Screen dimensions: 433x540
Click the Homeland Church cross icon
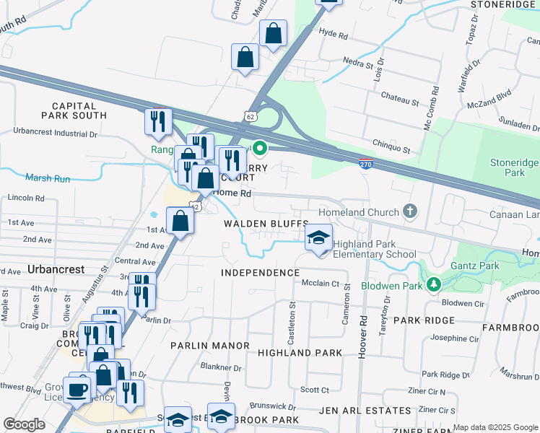(x=410, y=211)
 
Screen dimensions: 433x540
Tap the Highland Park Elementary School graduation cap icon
(x=318, y=240)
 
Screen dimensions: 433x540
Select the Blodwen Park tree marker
(x=433, y=284)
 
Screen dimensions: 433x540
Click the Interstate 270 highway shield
(x=366, y=165)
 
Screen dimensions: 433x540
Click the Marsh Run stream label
(x=48, y=178)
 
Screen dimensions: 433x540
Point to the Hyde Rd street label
(x=333, y=34)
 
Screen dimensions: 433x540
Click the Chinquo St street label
(x=391, y=149)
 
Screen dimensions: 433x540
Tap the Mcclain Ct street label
(x=321, y=284)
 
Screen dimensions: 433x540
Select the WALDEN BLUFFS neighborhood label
(x=266, y=224)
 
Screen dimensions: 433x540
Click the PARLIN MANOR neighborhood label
(x=209, y=346)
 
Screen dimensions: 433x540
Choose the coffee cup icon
(x=78, y=389)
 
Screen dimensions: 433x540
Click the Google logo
(x=24, y=424)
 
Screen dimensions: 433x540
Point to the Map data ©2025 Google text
(x=495, y=427)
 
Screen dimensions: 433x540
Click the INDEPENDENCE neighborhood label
(x=260, y=273)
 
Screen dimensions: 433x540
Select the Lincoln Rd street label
(x=25, y=198)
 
